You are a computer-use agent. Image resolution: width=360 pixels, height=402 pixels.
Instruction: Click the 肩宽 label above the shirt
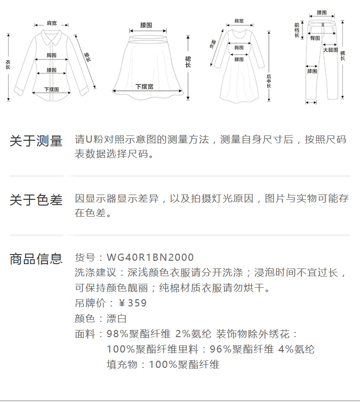coord(51,23)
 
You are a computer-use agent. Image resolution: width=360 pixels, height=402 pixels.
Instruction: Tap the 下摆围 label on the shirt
coord(51,89)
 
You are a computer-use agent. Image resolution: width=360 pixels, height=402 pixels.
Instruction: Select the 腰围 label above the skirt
coord(146,24)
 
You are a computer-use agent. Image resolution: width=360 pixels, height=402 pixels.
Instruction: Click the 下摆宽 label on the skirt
coord(144,86)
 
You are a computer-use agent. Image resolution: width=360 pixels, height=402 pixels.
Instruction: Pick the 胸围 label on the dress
coord(239,48)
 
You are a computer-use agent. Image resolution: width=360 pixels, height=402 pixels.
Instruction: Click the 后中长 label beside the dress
coord(269,80)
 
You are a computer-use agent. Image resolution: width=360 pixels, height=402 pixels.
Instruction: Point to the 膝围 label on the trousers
coord(312,72)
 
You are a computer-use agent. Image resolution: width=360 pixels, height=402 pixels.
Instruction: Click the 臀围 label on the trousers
coord(315,38)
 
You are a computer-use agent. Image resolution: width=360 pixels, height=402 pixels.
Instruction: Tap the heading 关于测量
coord(36,141)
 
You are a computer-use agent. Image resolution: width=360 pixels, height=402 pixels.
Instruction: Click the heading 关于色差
coord(36,200)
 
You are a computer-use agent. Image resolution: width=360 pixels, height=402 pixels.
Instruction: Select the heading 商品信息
coord(36,259)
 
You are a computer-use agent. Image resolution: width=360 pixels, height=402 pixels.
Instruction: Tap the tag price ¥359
coord(132,303)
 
